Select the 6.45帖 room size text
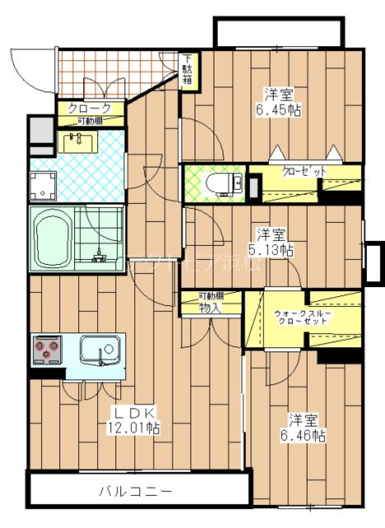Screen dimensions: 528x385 point(278,110)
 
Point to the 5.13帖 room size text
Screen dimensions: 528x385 point(271,250)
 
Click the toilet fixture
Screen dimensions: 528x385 point(222,184)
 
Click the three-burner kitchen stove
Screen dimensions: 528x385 point(47,348)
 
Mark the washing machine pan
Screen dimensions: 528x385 point(43,185)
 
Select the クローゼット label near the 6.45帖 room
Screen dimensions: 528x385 point(304,172)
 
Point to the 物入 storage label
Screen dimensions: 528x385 point(210,308)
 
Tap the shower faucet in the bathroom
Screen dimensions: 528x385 point(98,256)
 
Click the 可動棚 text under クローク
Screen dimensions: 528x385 point(90,121)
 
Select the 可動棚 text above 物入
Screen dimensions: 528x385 point(211,296)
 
